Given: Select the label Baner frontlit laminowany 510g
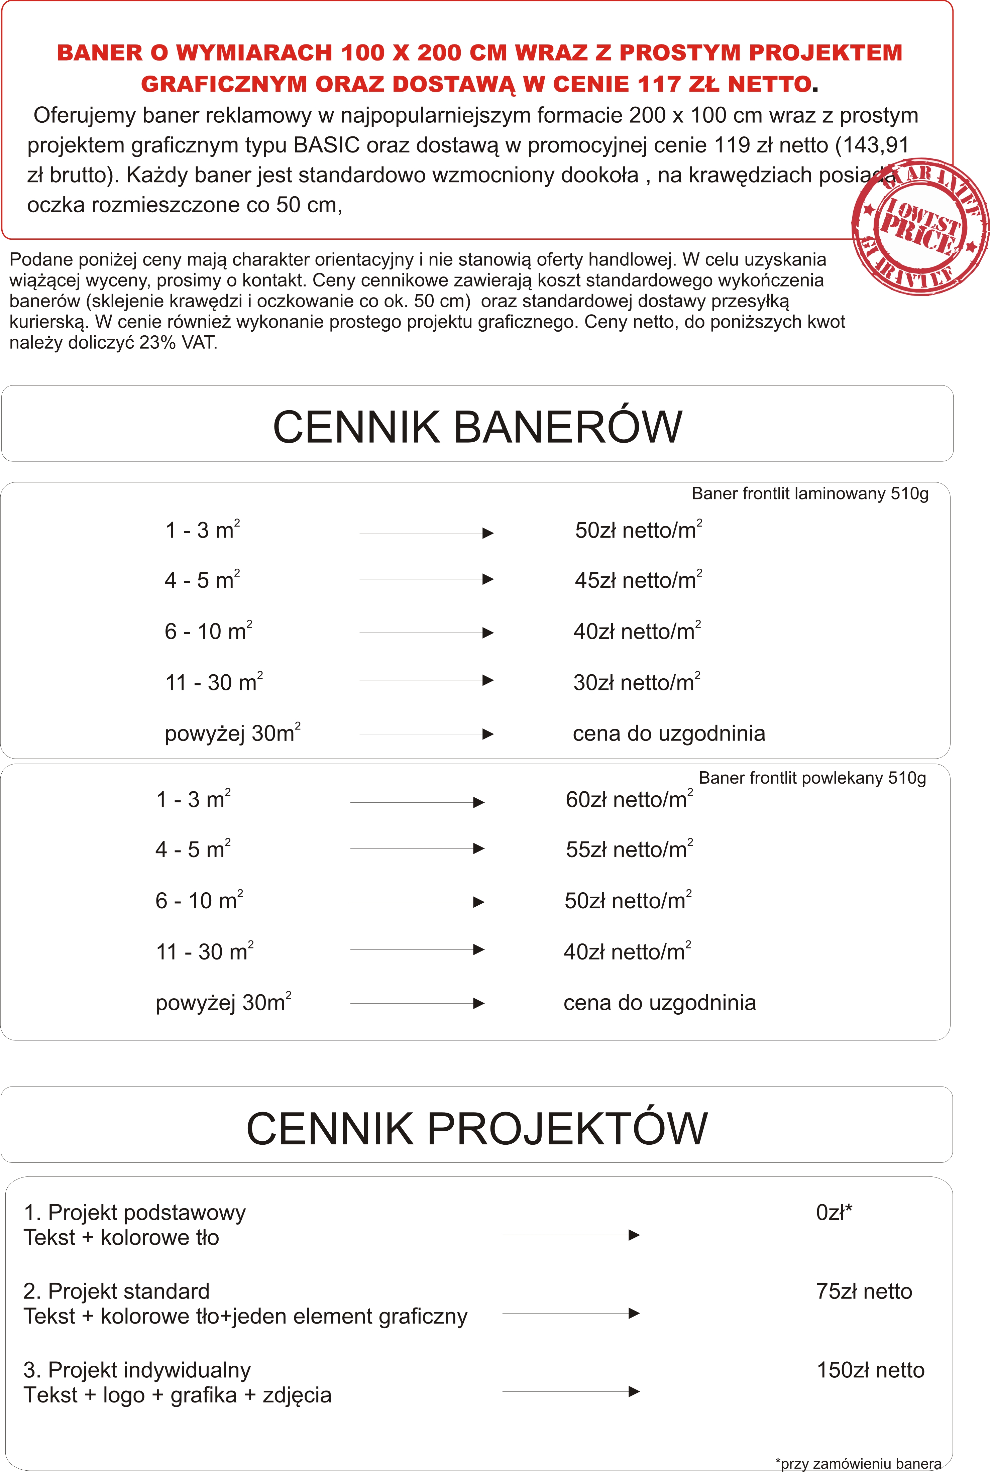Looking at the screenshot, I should (810, 493).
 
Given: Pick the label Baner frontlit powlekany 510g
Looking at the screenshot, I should (812, 778).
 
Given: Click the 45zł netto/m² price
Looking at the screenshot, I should (638, 580).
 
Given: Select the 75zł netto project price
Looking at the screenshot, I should (864, 1291).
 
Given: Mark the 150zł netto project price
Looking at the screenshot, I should (870, 1370).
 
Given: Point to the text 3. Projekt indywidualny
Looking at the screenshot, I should (137, 1370).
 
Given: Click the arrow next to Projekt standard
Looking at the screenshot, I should (571, 1314).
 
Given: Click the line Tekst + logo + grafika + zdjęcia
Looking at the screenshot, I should (178, 1395).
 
